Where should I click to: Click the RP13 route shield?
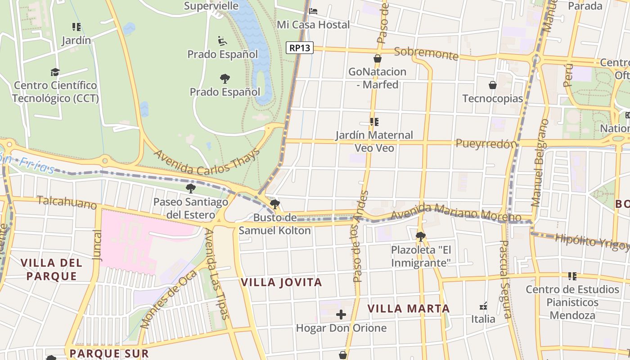pos(300,48)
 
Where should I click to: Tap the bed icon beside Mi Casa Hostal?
pos(314,11)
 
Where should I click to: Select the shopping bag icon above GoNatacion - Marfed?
pos(378,58)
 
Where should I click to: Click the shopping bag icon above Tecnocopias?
pos(493,85)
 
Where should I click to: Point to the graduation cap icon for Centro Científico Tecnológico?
pos(55,72)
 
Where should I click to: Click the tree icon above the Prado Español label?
pos(225,79)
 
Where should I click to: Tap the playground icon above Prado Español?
pos(222,41)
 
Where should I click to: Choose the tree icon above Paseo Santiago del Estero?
pos(191,188)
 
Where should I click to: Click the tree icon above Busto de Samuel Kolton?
pos(275,204)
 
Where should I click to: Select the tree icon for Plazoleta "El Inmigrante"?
pos(421,236)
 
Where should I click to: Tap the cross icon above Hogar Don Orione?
pos(341,314)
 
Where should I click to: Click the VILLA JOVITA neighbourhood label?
pos(281,283)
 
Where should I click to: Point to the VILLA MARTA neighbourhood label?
pos(409,309)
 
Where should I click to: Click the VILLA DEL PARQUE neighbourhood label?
pos(51,269)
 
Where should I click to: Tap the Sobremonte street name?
pos(426,53)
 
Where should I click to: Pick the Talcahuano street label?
pos(67,202)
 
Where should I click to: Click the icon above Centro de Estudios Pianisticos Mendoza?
pos(572,276)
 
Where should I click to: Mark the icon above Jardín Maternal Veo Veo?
pos(374,121)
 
